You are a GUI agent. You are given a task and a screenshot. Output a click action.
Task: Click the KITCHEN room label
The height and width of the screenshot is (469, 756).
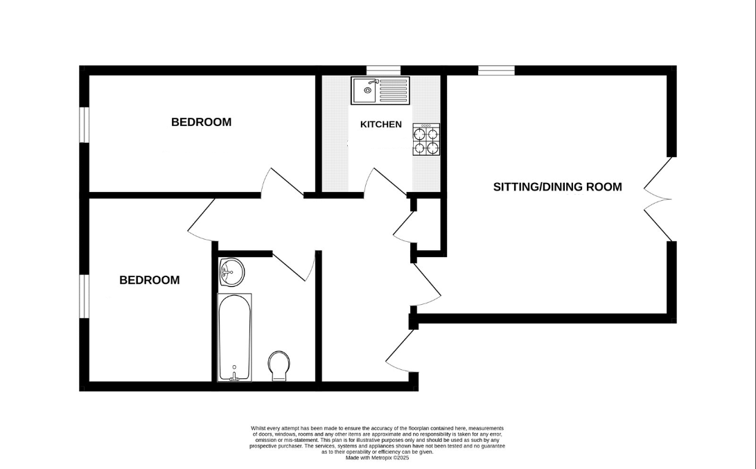click(x=381, y=125)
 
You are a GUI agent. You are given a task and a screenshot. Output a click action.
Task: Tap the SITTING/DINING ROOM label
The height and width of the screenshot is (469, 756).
click(x=557, y=187)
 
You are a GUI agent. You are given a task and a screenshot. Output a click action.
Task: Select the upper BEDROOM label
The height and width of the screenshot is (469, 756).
click(x=201, y=122)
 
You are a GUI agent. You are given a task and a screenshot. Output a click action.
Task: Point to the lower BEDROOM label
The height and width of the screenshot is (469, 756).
click(x=150, y=280)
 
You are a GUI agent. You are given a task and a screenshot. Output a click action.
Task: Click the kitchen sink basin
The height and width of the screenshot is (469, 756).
click(x=365, y=90)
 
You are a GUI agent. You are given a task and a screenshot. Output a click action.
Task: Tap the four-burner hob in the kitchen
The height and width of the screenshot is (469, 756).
click(x=426, y=139)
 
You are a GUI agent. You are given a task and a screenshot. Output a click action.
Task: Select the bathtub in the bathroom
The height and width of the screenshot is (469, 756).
click(x=234, y=337)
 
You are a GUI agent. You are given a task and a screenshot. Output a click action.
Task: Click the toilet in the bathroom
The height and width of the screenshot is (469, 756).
click(x=279, y=366)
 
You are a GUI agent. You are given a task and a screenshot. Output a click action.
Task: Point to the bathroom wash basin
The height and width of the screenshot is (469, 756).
click(x=232, y=272)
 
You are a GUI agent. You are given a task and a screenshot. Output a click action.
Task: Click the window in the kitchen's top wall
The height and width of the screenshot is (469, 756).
click(x=383, y=71)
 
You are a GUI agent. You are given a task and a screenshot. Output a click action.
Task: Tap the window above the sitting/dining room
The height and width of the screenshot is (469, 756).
click(x=497, y=71)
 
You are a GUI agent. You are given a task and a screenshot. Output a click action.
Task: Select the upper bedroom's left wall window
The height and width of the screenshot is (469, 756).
click(x=85, y=125)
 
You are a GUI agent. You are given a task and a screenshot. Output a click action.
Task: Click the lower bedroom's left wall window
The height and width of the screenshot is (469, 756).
click(x=85, y=297)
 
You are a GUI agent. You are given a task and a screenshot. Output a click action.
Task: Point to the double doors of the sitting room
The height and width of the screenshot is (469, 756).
click(x=657, y=199)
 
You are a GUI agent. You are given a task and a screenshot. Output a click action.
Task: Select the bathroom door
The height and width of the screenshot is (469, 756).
click(x=294, y=266)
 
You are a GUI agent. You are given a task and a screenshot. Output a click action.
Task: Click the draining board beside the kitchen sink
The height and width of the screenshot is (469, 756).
click(x=393, y=90)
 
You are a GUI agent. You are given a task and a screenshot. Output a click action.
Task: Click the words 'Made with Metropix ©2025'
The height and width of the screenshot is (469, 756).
click(x=377, y=458)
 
